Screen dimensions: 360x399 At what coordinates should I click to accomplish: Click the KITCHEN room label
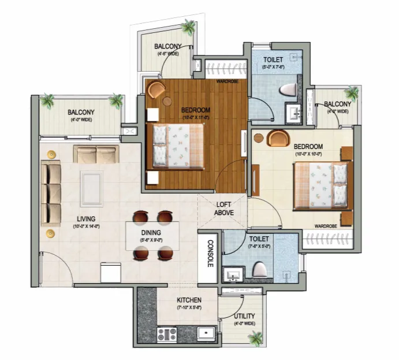point(189,300)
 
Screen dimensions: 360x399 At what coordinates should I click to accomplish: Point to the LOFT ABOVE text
point(223,208)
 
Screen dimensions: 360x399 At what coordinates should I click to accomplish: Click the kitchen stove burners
point(167,333)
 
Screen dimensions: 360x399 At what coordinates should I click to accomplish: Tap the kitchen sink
point(205,333)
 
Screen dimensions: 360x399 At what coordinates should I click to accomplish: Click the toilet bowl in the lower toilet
point(259,269)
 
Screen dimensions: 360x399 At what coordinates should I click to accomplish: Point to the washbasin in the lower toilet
point(234,274)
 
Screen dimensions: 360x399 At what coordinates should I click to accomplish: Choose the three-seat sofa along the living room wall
point(51,193)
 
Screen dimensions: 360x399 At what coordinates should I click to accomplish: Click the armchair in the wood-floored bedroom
point(156,89)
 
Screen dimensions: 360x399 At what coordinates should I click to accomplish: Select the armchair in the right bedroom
point(279,138)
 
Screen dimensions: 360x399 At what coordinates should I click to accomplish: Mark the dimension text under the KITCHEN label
point(189,308)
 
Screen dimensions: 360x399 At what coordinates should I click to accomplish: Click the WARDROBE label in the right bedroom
point(326,225)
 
